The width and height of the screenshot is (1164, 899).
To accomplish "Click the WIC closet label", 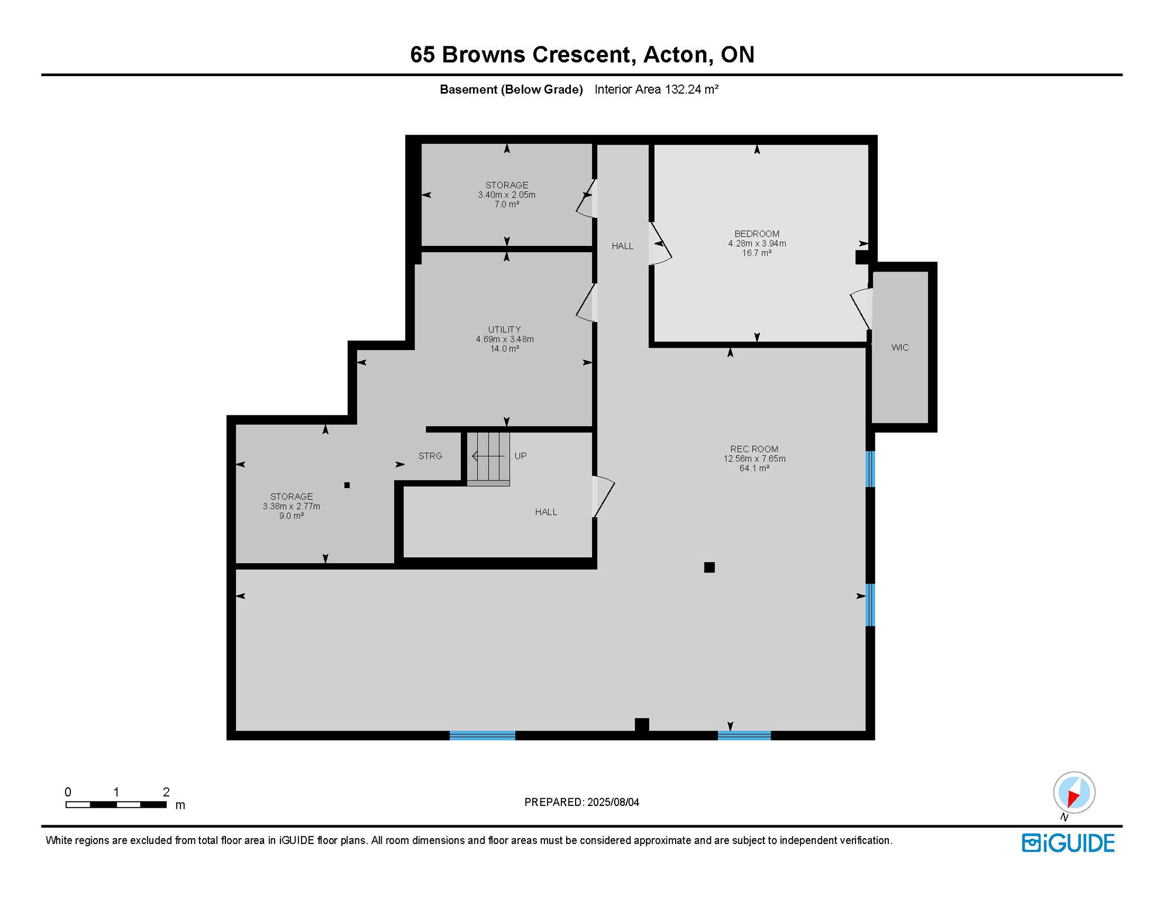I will pos(900,348).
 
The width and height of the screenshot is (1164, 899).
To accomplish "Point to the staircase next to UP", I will pos(488,458).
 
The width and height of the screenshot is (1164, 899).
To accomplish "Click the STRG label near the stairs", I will pos(430,456).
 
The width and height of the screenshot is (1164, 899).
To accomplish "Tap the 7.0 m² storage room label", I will pos(506,195).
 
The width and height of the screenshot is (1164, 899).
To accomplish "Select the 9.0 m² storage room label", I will pos(291,506).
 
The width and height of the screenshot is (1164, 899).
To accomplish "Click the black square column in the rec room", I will pos(709,567).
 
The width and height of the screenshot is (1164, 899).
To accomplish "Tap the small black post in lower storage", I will pos(347,485).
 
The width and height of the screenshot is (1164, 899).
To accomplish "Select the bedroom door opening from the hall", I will pos(660,244).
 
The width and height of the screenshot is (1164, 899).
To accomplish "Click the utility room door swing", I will pos(587,303).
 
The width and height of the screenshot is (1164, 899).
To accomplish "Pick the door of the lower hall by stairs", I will pos(602,496).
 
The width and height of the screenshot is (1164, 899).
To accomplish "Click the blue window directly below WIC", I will pos(871,469).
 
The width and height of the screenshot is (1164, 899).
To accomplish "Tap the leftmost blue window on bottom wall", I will pos(482,736).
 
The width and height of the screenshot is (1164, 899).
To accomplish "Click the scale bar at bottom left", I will pos(116,805).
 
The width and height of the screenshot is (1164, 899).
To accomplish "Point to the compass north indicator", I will pos(1074,793).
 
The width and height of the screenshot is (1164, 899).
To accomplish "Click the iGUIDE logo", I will pos(1068,843).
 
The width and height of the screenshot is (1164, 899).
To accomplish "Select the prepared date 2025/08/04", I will pos(581,802).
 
